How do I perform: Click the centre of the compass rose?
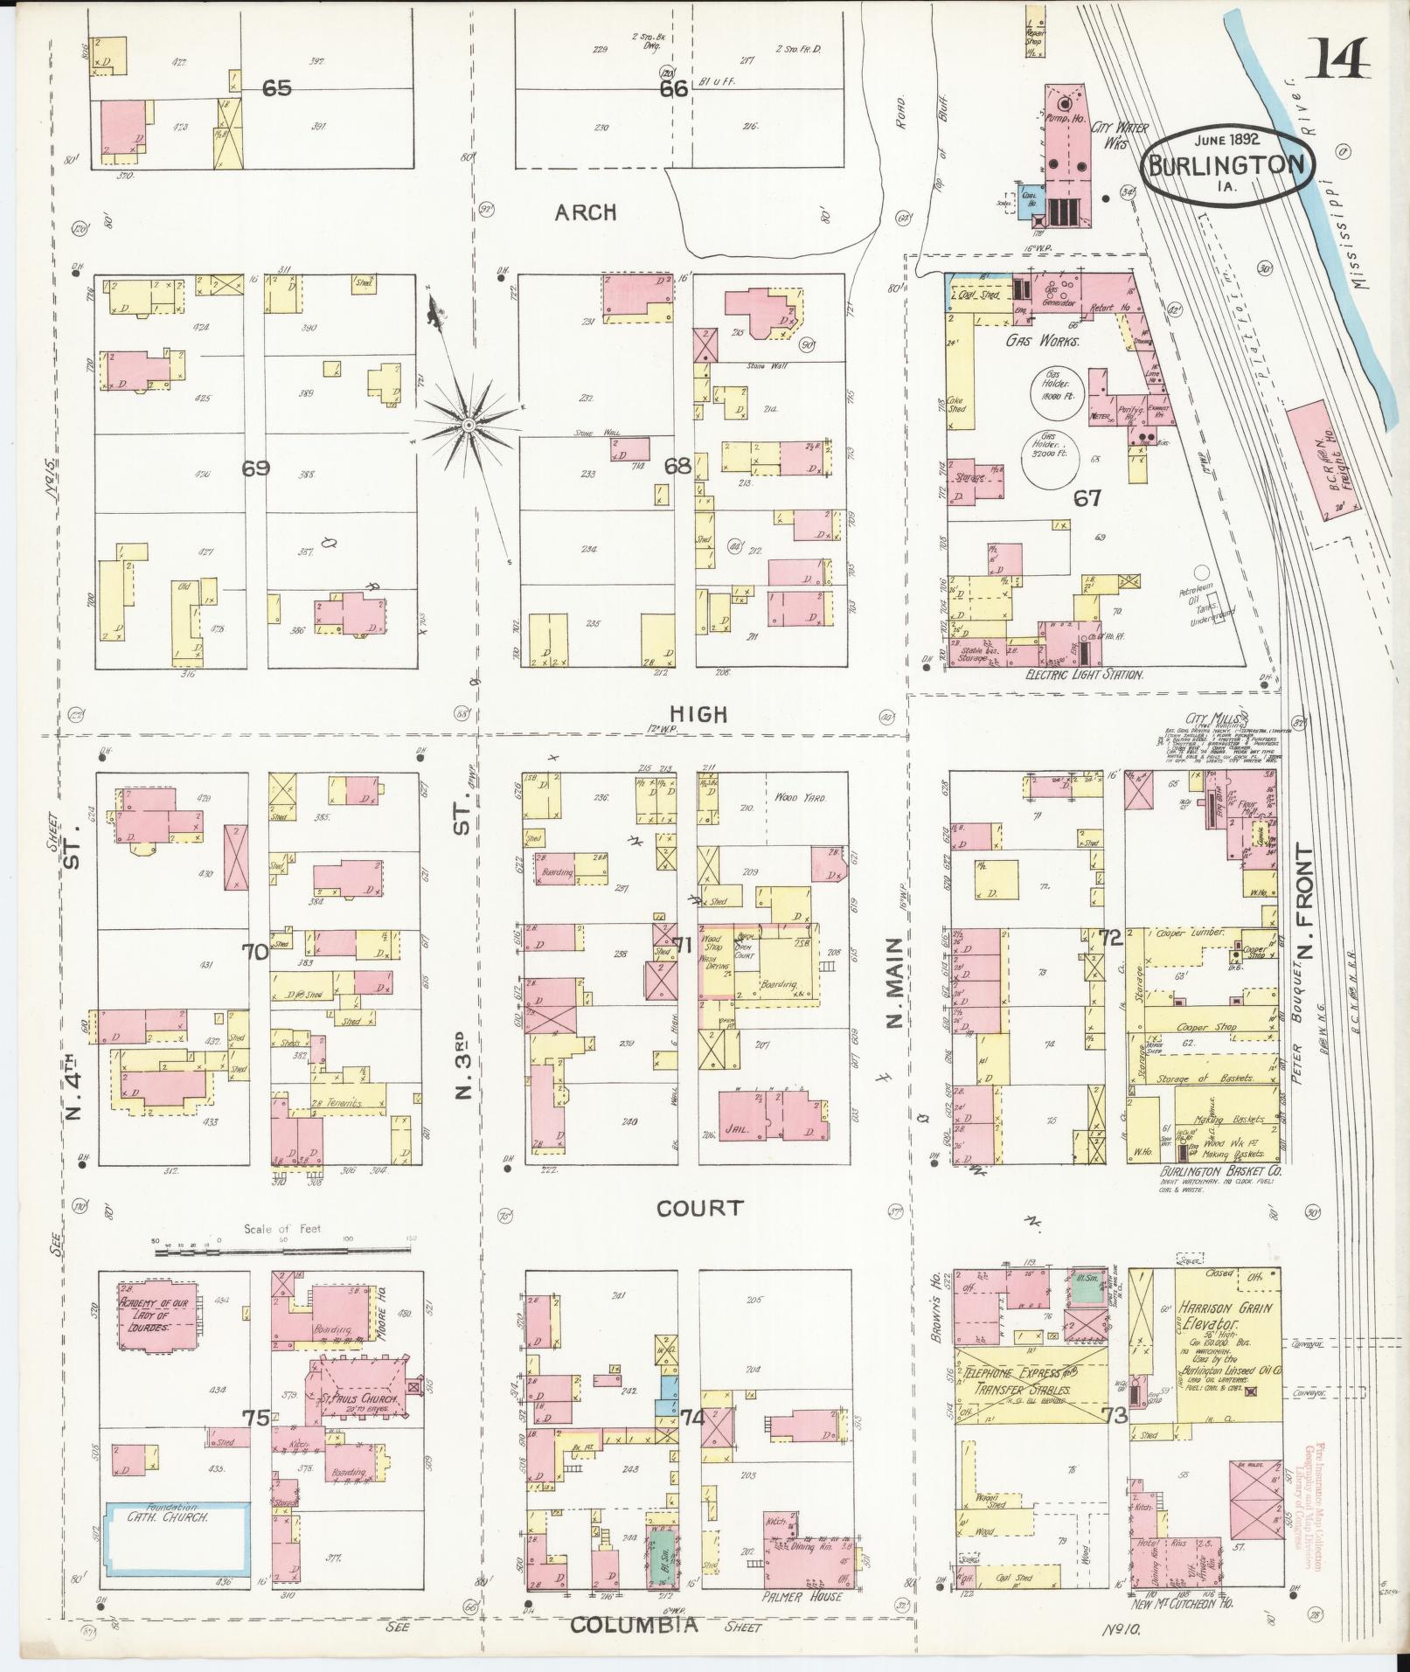469,425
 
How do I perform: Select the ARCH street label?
586,212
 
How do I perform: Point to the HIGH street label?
702,715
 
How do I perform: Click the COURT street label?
699,1209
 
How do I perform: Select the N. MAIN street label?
894,982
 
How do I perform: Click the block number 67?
1087,498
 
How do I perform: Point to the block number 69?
255,468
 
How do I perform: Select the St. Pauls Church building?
358,1400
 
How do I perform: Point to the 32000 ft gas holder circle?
1049,459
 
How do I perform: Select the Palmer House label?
802,1597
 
